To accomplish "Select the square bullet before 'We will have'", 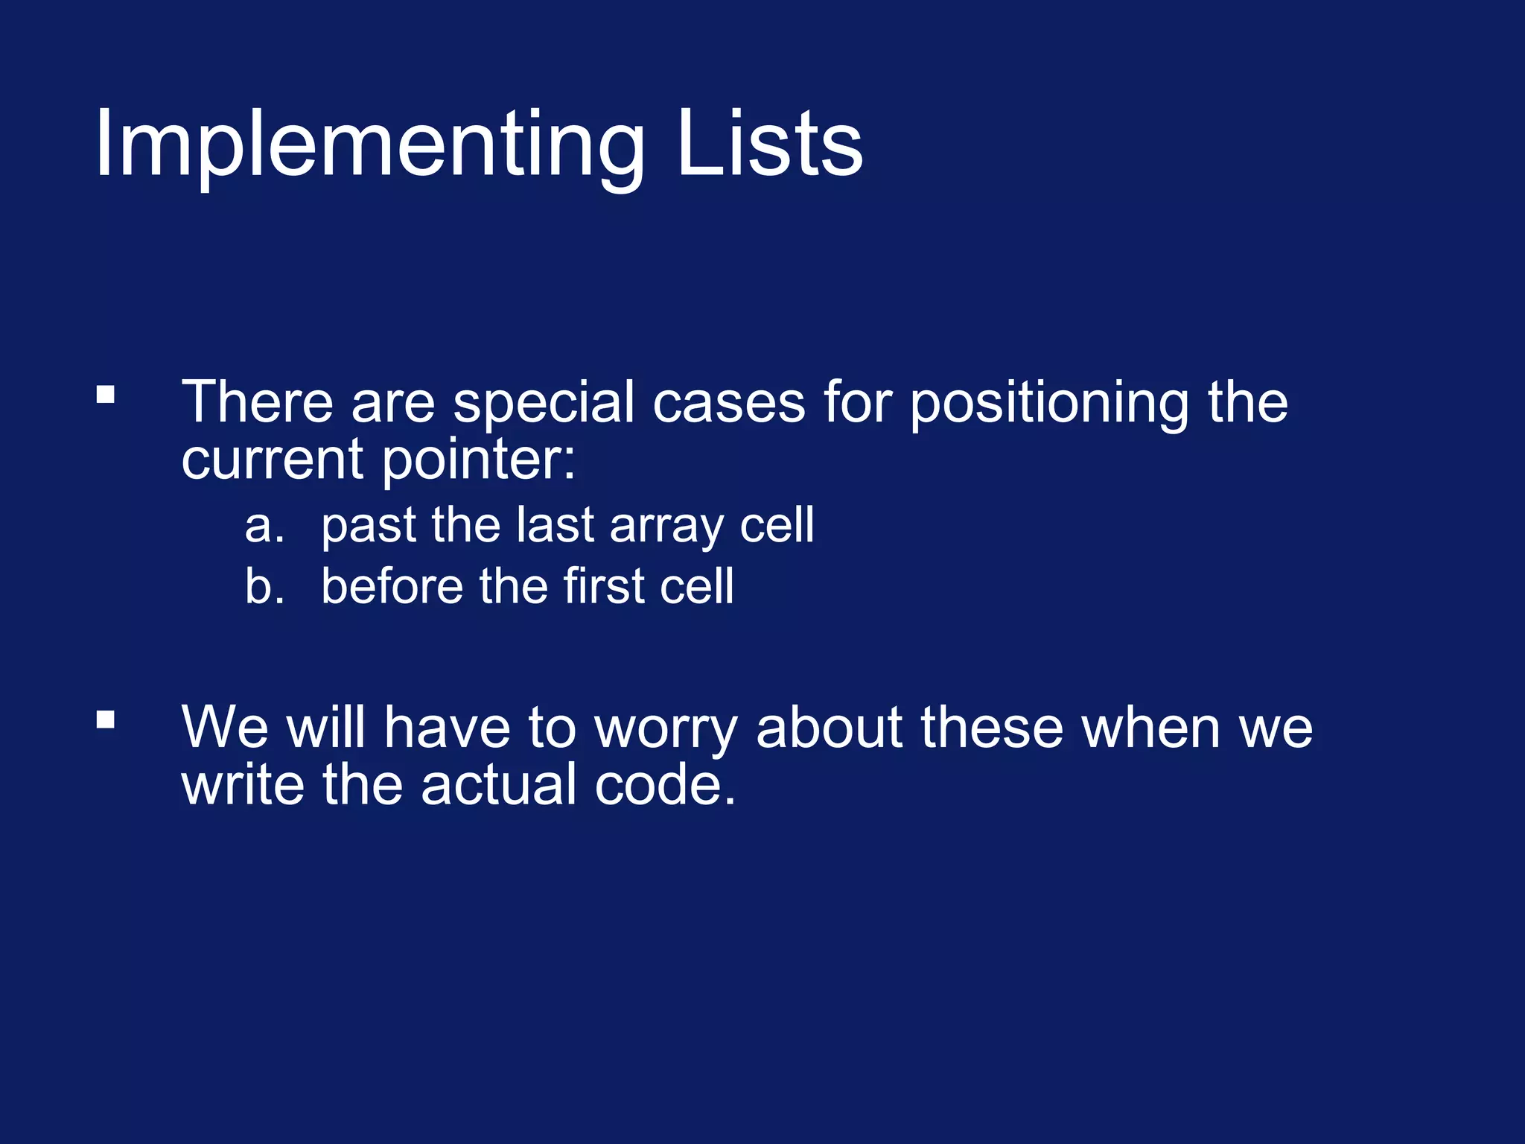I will coord(106,719).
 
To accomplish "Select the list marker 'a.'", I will coord(264,527).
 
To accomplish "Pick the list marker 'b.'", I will coord(264,587).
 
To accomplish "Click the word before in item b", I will coord(392,587).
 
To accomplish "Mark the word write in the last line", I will coord(243,786).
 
